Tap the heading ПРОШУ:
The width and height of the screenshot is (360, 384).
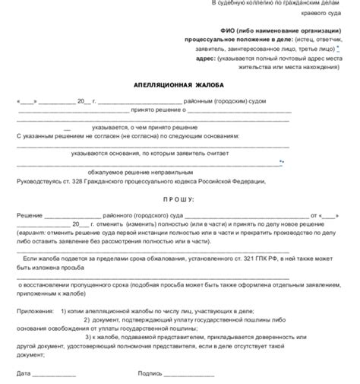[x=179, y=199]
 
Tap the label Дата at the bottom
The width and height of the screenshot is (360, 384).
[x=24, y=373]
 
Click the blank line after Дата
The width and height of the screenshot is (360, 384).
[x=54, y=374]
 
